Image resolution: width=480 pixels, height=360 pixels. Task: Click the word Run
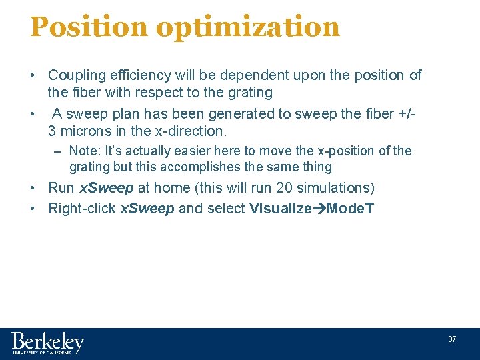[x=61, y=188]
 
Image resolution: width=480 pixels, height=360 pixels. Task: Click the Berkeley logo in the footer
[x=47, y=343]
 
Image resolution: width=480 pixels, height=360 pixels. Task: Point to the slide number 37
[x=452, y=339]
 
